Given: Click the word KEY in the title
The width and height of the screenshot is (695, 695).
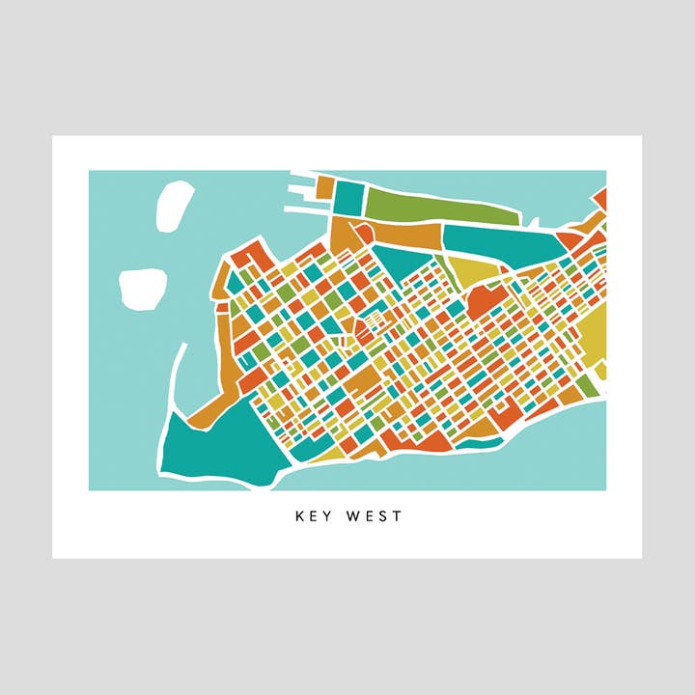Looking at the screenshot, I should [313, 516].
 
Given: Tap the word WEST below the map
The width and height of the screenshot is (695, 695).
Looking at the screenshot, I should [372, 516].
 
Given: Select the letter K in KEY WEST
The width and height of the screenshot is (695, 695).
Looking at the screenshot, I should [299, 516].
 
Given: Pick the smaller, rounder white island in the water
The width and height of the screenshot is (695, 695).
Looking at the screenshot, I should [143, 289].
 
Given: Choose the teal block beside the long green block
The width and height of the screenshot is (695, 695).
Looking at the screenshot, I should [347, 198].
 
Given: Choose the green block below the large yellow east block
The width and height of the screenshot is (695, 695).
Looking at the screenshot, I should [586, 385].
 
